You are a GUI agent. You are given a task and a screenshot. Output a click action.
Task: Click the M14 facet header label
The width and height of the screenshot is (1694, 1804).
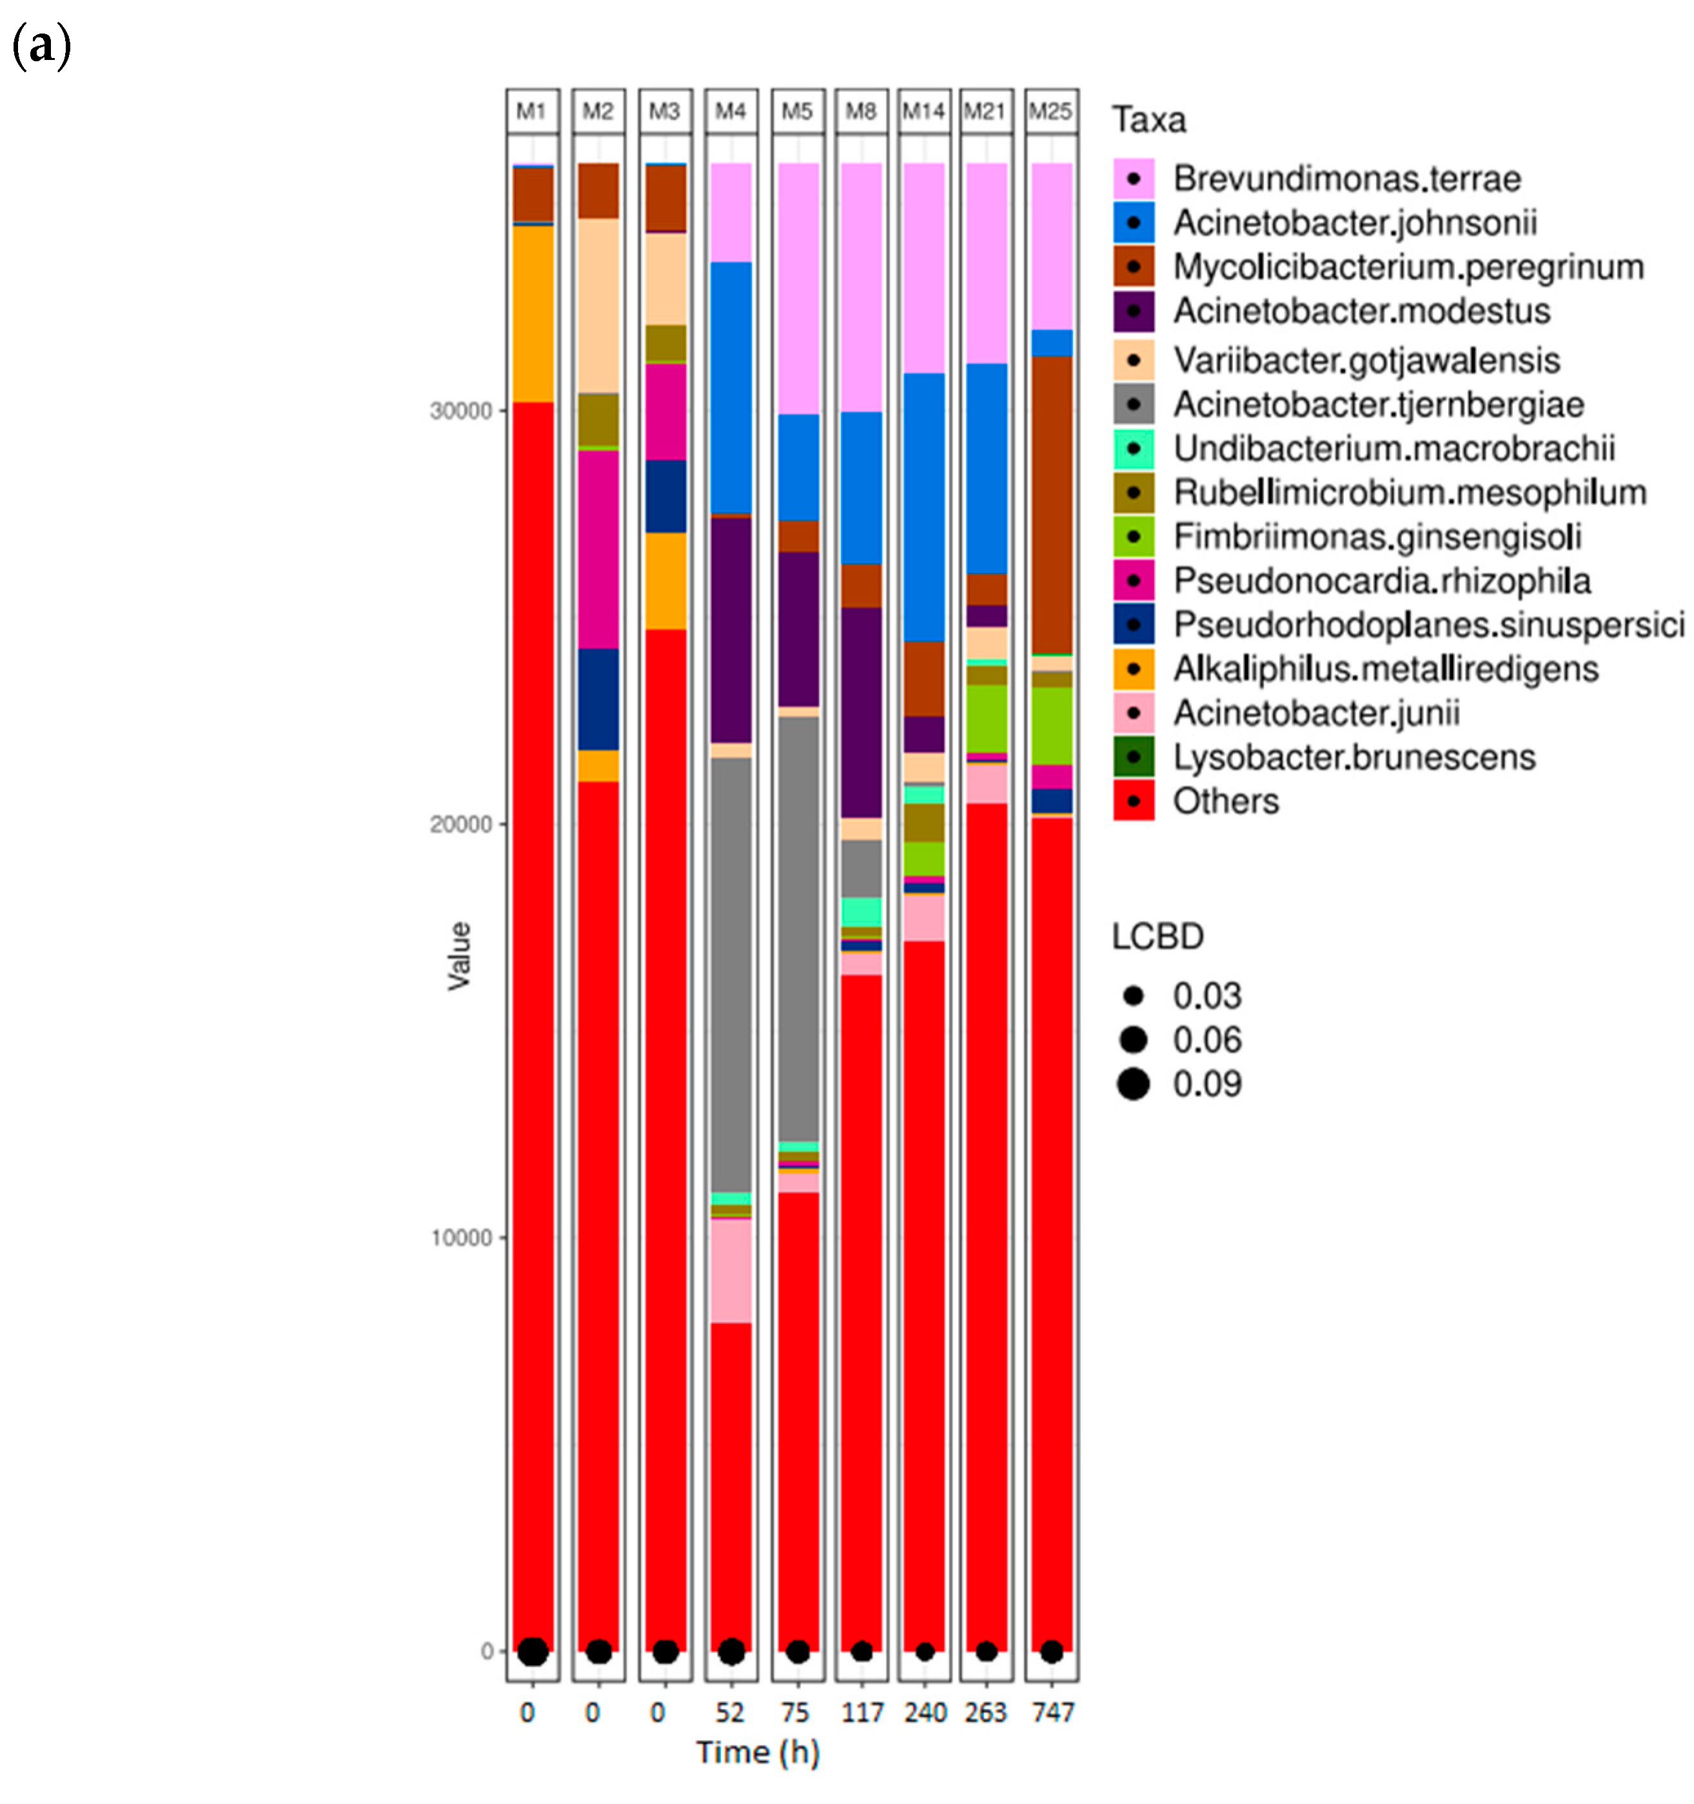point(923,112)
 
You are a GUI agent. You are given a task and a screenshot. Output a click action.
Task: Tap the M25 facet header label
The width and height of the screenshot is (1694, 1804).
point(1050,112)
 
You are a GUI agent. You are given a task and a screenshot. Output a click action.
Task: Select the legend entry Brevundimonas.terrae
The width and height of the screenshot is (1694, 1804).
point(1346,179)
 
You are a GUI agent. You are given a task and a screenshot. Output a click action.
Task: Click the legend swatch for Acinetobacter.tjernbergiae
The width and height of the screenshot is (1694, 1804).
point(1133,404)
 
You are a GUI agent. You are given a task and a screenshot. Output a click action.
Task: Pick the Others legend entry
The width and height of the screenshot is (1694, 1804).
point(1225,801)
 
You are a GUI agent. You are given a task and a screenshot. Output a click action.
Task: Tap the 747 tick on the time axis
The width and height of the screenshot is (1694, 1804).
point(1052,1712)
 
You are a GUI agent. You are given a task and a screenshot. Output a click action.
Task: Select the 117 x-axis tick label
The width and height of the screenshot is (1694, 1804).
point(862,1712)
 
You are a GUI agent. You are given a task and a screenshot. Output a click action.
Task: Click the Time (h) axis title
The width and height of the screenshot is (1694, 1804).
point(758,1752)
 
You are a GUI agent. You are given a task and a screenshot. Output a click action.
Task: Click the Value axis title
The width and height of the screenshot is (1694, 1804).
point(459,955)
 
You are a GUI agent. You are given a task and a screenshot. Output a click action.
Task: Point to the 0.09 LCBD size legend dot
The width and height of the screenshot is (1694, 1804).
point(1133,1083)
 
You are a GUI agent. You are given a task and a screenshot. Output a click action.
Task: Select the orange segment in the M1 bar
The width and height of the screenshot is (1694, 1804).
point(533,313)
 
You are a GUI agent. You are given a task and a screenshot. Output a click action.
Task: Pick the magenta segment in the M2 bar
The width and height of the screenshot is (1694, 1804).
point(599,549)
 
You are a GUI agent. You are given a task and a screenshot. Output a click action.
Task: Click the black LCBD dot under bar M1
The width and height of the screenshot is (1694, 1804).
point(533,1652)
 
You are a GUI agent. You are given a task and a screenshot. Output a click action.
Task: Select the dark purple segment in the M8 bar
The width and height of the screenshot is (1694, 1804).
point(861,712)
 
